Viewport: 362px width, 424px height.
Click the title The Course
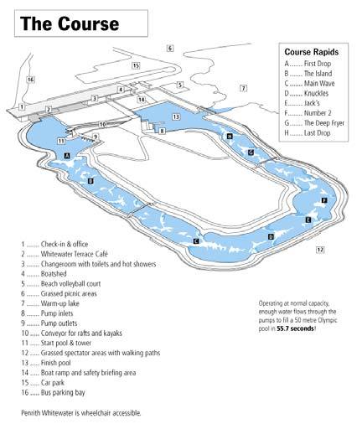point(70,23)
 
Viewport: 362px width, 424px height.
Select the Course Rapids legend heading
point(312,52)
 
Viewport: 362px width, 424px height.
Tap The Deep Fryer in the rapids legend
point(324,123)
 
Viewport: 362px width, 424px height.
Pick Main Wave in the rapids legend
point(319,83)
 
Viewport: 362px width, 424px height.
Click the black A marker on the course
point(67,156)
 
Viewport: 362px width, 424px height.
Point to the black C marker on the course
point(196,240)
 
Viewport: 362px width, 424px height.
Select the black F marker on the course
point(324,200)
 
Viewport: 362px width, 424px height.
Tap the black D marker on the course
point(271,236)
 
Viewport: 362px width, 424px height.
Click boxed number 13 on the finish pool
point(176,116)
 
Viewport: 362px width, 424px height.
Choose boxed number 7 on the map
point(244,89)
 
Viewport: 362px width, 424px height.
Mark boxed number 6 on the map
point(170,48)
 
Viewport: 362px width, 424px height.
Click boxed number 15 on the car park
point(136,66)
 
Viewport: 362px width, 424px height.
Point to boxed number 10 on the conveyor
point(103,124)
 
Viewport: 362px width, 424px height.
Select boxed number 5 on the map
point(180,85)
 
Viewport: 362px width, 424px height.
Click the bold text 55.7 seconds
point(295,328)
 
